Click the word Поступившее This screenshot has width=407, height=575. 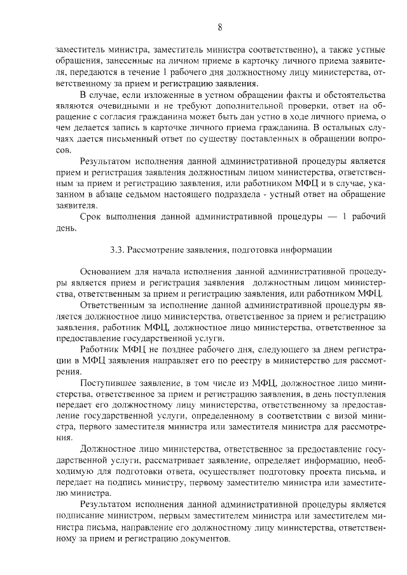coord(110,384)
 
